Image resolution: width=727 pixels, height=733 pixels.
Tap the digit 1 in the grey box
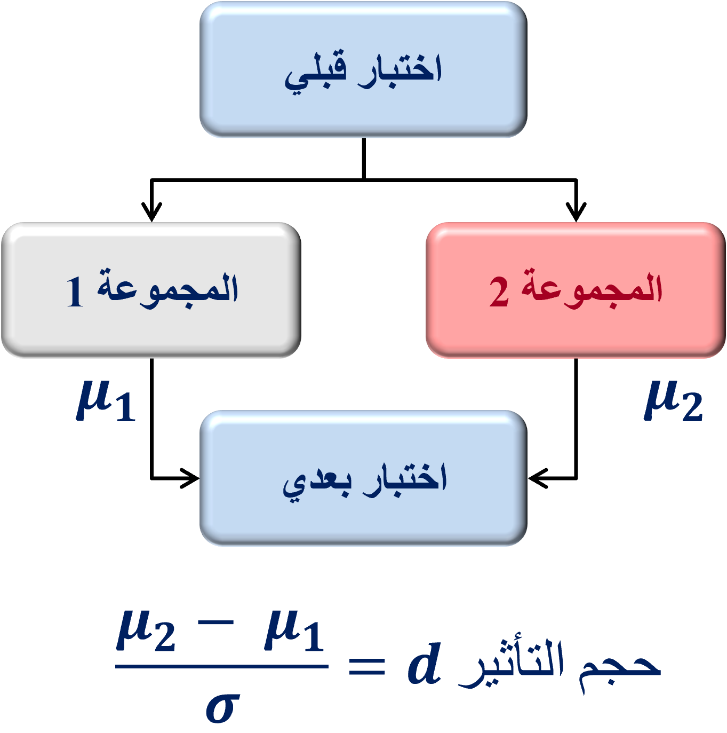(75, 291)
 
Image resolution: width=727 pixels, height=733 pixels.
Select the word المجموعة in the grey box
(167, 289)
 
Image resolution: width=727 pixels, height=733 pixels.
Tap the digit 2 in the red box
(499, 291)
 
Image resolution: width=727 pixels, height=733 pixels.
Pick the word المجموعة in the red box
(592, 289)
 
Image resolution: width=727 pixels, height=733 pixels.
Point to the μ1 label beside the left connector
(106, 401)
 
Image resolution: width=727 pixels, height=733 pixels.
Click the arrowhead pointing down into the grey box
(151, 211)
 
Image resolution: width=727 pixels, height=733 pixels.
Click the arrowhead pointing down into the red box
(576, 211)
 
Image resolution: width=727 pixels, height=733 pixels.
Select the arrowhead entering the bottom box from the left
(189, 478)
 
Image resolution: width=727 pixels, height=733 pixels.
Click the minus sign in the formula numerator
(215, 622)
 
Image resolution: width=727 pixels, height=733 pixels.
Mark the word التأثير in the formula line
(510, 664)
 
